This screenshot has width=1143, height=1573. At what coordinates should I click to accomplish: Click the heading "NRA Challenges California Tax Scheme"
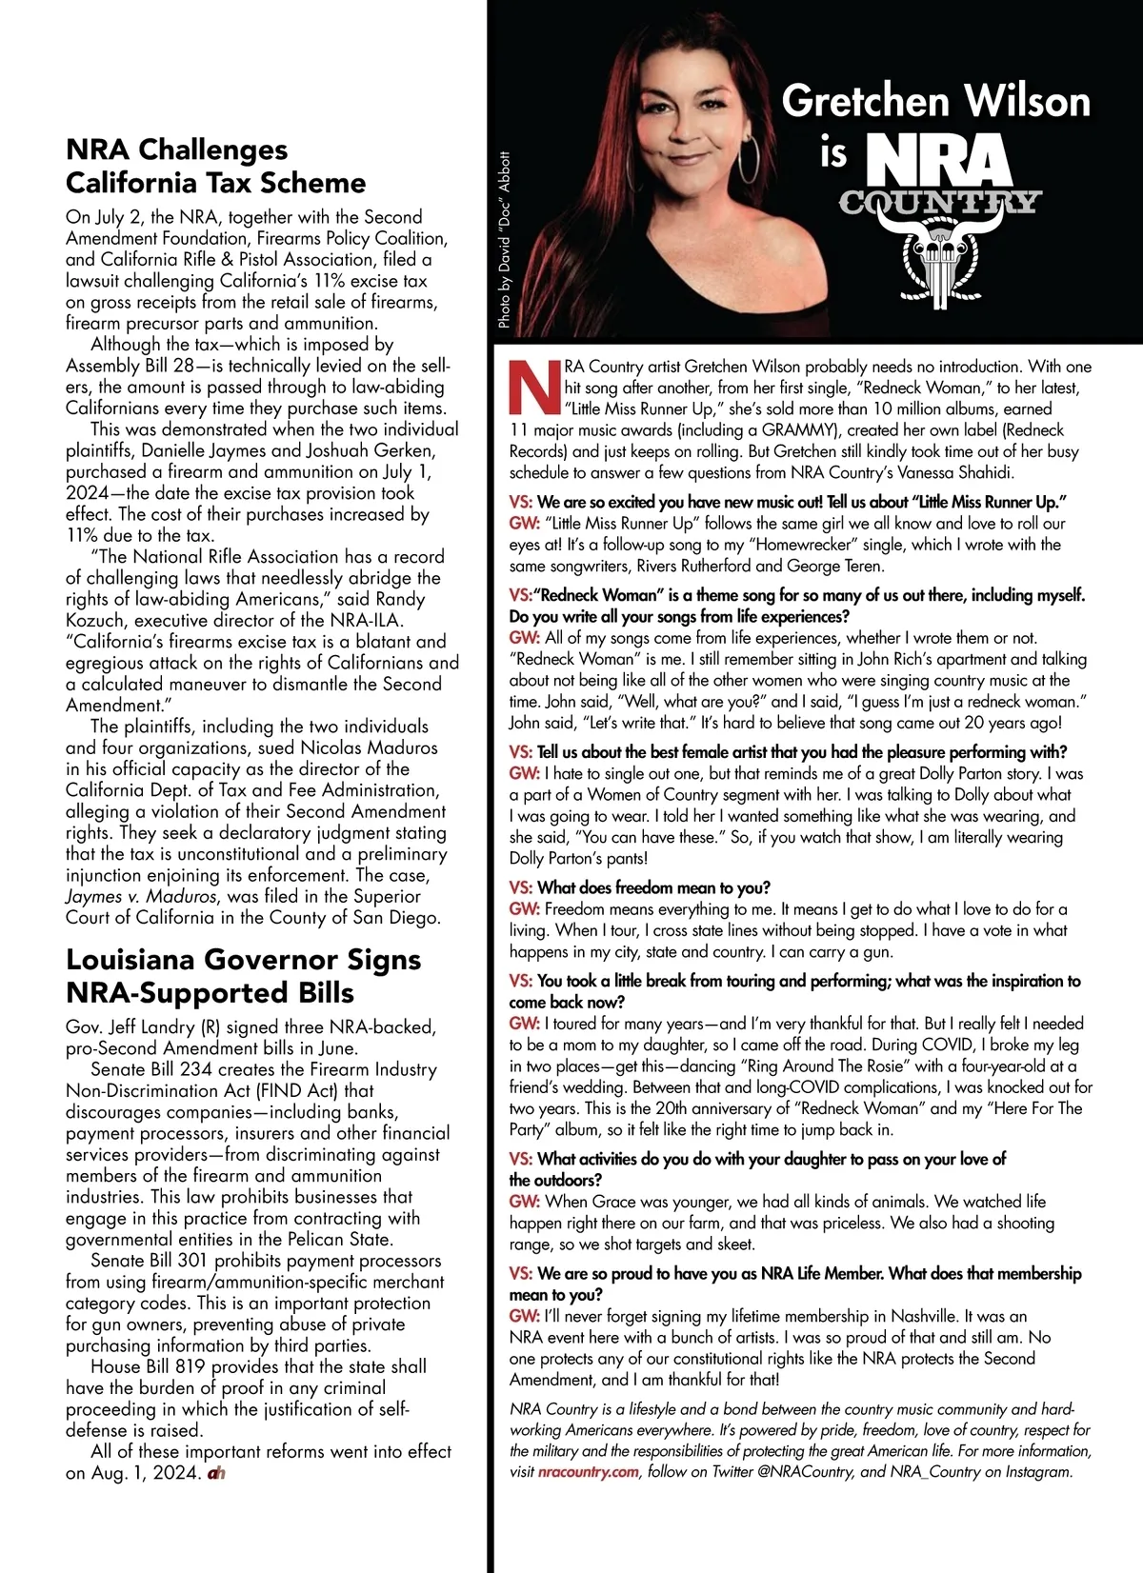pyautogui.click(x=215, y=166)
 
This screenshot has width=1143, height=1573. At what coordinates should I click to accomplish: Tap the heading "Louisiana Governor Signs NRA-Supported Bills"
pyautogui.click(x=243, y=975)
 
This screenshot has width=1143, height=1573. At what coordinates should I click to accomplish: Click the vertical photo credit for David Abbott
pyautogui.click(x=505, y=241)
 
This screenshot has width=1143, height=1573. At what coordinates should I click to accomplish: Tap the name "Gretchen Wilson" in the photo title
pyautogui.click(x=935, y=101)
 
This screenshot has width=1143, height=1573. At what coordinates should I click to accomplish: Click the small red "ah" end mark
pyautogui.click(x=215, y=1473)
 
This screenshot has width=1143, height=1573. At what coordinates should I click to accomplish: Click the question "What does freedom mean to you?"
pyautogui.click(x=653, y=887)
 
